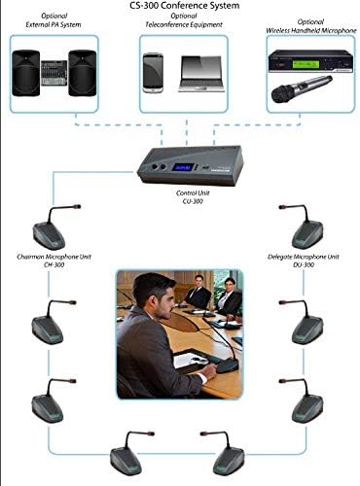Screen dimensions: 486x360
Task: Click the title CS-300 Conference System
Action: [x=179, y=6]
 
